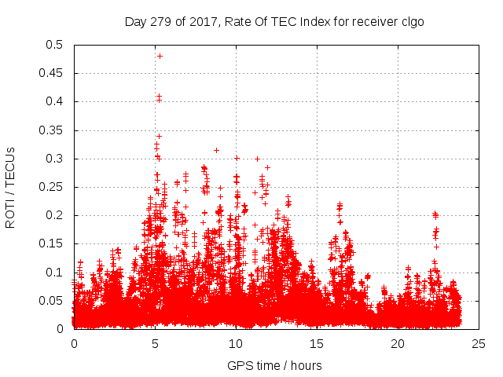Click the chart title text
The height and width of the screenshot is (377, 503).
274,22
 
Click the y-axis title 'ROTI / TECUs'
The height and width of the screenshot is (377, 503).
11,187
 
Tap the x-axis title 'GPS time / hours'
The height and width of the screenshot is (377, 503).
274,365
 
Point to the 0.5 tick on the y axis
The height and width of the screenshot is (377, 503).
57,45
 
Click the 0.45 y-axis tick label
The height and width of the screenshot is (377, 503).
54,73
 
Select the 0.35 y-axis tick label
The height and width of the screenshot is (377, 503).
54,130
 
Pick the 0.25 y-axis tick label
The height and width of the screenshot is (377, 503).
54,187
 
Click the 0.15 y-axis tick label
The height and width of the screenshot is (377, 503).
54,243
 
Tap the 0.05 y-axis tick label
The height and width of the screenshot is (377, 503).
54,301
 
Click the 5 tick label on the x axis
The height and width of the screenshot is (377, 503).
155,343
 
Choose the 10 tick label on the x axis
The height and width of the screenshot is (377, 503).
236,343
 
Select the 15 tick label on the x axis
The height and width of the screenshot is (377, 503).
317,343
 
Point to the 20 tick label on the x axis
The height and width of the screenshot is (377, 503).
398,343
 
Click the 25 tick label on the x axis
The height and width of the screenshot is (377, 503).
479,343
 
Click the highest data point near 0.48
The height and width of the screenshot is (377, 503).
160,56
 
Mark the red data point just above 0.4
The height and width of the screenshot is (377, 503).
159,97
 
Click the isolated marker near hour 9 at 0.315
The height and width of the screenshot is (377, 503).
216,150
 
